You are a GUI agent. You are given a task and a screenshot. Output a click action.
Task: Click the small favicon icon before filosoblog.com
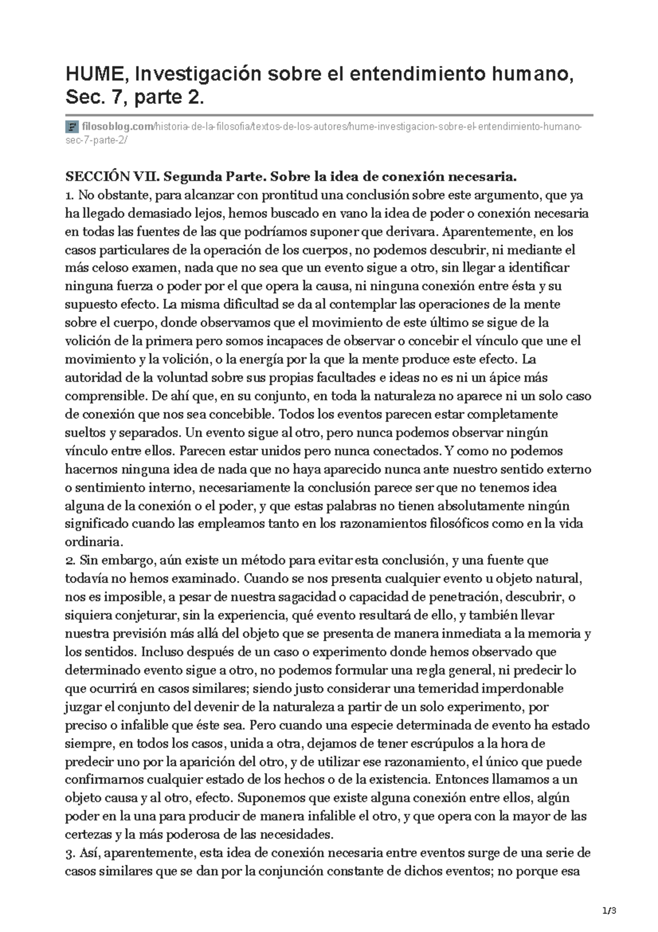[71, 128]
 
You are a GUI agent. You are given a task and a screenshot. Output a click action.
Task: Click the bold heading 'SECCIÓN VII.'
[112, 177]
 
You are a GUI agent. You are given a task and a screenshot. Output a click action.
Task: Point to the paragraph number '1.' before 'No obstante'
[69, 195]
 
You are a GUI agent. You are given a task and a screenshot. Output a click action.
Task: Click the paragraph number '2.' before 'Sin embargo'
[70, 560]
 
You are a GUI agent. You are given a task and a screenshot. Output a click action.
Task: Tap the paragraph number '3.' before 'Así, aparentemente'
[70, 853]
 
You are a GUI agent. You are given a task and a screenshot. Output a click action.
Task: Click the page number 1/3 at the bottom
[609, 911]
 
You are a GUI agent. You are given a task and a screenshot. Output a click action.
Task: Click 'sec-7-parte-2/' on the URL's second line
[96, 140]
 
